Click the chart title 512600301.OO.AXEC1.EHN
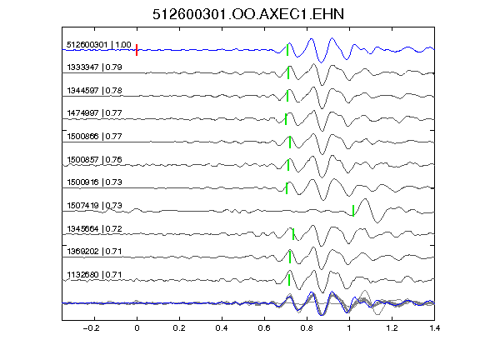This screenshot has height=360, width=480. point(248,14)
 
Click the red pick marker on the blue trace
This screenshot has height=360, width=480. point(137,50)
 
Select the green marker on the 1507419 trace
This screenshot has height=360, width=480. point(353,211)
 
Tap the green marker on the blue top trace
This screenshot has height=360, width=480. point(287,50)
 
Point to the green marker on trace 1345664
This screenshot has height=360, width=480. point(293,234)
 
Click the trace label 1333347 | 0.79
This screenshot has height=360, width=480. point(94,67)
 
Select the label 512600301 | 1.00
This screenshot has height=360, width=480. point(99,45)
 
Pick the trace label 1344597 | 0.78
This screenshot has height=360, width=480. point(94,91)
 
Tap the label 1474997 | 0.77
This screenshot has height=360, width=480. point(94,113)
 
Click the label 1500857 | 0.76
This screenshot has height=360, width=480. point(94,159)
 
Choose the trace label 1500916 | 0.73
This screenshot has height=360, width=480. point(94,182)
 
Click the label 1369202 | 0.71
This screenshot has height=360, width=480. point(94,252)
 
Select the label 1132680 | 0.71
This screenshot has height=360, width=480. point(94,275)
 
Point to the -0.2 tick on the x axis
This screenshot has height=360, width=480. point(91,328)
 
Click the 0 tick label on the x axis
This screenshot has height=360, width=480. point(137,328)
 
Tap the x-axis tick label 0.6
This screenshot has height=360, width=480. point(264,328)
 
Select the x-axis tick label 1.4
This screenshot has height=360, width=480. point(434,328)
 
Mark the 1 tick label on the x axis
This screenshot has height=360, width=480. point(349,328)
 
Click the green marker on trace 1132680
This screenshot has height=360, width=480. point(289,280)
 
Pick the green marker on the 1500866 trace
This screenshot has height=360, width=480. point(290,142)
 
